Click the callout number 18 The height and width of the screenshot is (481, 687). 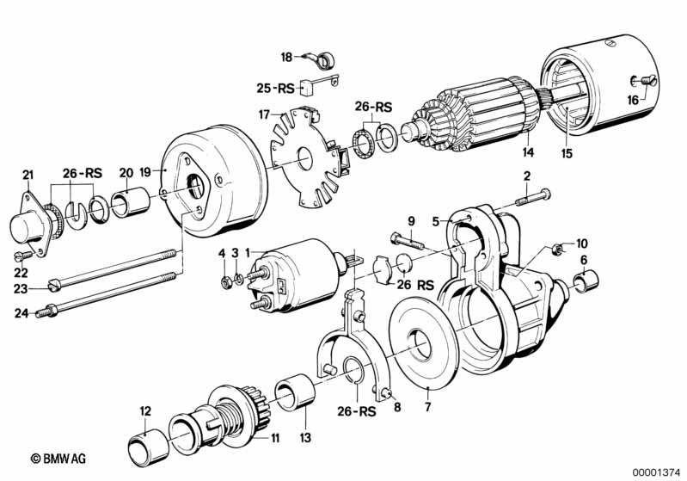click(286, 58)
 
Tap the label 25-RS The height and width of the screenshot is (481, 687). click(276, 89)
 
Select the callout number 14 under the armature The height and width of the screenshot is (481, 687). click(529, 152)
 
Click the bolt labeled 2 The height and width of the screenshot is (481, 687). click(533, 198)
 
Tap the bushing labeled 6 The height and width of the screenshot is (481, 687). click(586, 282)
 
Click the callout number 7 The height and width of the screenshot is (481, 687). click(427, 407)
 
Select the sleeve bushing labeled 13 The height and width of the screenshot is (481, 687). click(295, 392)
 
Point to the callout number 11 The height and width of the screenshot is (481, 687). click(274, 438)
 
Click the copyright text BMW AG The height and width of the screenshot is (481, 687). click(58, 459)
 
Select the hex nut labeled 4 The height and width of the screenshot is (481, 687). click(226, 283)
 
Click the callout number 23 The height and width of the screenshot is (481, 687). click(21, 289)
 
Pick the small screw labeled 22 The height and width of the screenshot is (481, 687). click(24, 256)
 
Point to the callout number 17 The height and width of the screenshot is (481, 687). click(264, 115)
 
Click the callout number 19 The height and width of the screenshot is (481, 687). click(145, 171)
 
